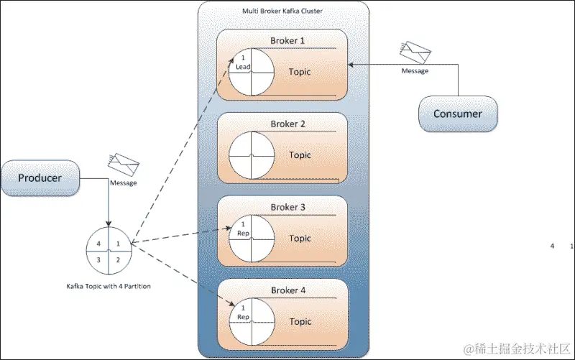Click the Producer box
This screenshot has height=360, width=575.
click(40, 177)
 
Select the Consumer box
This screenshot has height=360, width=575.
click(457, 114)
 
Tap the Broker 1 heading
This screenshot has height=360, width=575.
click(287, 41)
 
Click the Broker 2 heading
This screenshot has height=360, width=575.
click(287, 124)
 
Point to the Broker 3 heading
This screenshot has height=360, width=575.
click(287, 208)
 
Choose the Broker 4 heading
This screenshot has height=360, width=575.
click(287, 290)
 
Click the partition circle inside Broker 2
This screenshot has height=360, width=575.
click(252, 154)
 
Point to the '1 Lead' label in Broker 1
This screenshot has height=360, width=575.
click(242, 62)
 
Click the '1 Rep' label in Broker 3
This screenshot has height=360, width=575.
click(242, 229)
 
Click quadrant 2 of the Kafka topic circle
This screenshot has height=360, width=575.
click(119, 259)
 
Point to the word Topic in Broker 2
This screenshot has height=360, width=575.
click(300, 155)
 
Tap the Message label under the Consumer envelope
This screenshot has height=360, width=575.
click(415, 71)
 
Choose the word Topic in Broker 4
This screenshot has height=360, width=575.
click(300, 321)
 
